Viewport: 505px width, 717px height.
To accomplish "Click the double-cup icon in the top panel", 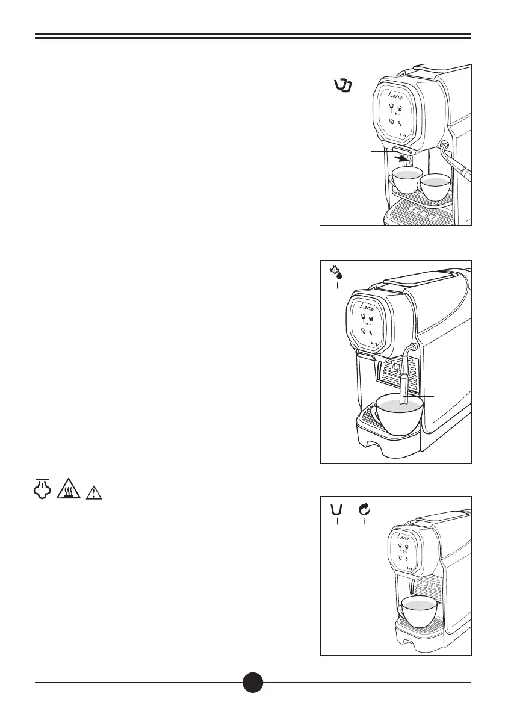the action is point(343,86).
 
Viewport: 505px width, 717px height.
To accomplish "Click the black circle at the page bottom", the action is point(253,682).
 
